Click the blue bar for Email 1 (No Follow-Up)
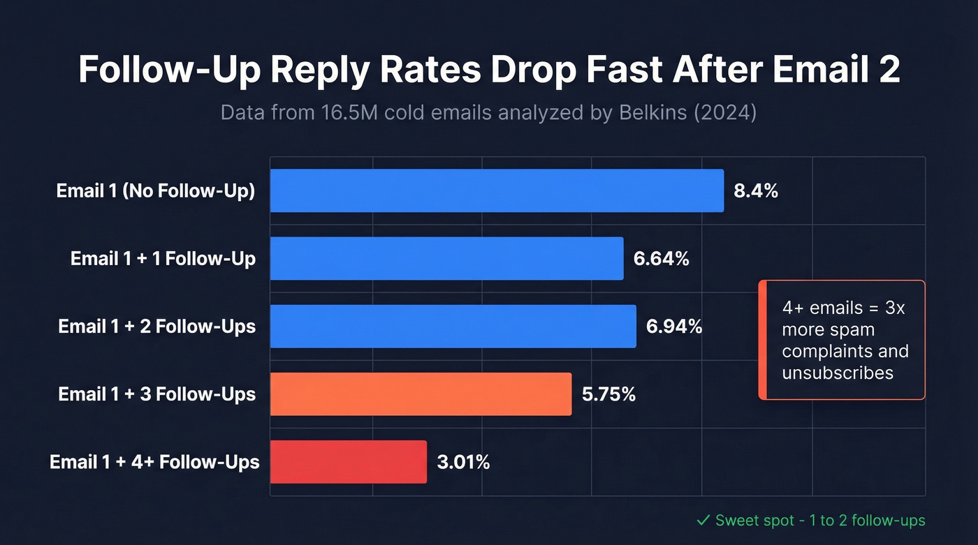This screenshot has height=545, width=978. pos(497,191)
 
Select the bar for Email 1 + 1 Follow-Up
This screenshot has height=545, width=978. pos(446,258)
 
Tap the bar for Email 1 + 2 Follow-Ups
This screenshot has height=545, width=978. pos(453,326)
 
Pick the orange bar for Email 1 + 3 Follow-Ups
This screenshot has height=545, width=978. pos(421,394)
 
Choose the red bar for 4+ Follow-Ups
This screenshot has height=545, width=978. pos(348,462)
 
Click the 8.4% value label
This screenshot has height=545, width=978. pos(755,191)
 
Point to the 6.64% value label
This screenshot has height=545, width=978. pos(661,259)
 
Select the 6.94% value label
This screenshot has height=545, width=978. pos(673,327)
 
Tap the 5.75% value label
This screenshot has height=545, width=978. pos(608,394)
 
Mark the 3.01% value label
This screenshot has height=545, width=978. pos(463,462)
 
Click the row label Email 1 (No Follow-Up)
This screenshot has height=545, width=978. pos(156,191)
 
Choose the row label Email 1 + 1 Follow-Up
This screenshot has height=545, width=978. pos(163,259)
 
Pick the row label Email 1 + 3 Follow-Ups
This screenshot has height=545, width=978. pos(157,394)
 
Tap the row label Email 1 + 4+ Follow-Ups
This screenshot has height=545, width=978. pos(154,462)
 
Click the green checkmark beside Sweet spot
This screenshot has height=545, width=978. pos(703,521)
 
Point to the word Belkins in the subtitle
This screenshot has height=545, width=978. pos(643,113)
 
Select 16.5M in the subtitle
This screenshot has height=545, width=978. pos(348,113)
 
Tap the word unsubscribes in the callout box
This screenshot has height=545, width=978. pos(837,373)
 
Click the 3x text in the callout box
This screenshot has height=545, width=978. pos(893,308)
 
